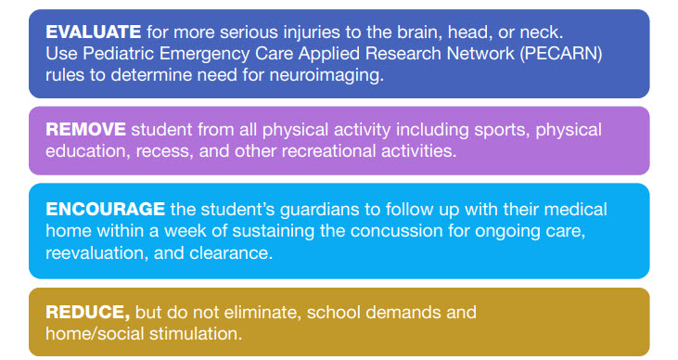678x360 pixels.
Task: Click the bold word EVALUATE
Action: click(93, 32)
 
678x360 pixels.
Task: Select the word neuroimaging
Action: click(326, 75)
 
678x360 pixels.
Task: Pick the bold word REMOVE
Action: click(85, 129)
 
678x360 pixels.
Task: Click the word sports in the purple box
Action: click(502, 130)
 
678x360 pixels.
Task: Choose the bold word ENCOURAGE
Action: click(105, 209)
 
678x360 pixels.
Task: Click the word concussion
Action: click(396, 231)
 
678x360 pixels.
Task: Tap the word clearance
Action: click(231, 252)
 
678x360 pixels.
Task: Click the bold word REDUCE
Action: click(88, 313)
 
